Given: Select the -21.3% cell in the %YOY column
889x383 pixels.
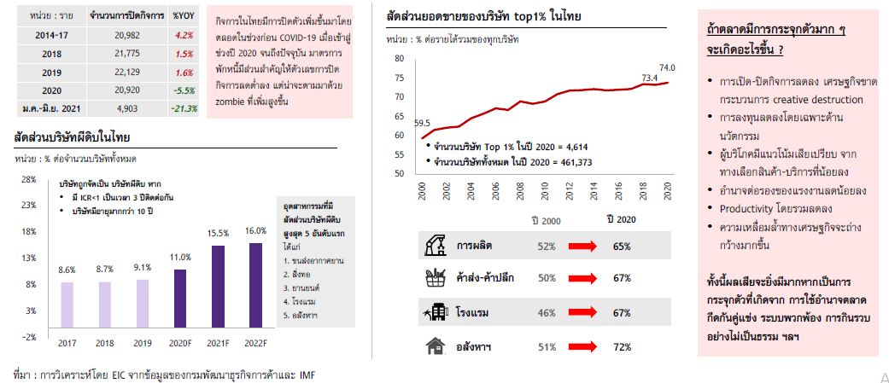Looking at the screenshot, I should pyautogui.click(x=184, y=108).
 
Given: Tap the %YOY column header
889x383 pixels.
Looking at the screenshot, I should pyautogui.click(x=182, y=16).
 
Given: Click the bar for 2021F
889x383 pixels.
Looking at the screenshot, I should pyautogui.click(x=218, y=287).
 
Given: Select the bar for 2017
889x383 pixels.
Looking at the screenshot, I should pyautogui.click(x=67, y=305).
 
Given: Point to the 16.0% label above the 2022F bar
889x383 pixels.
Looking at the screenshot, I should pyautogui.click(x=255, y=230).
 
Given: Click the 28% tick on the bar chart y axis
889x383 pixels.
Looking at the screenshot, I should pyautogui.click(x=29, y=179).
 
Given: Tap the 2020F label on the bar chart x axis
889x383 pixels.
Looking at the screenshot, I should pyautogui.click(x=179, y=342).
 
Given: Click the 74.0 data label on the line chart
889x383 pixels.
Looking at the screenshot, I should pyautogui.click(x=667, y=68).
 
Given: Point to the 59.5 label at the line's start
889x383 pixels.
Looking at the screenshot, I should pyautogui.click(x=422, y=123).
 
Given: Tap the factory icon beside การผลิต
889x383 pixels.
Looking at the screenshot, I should pyautogui.click(x=436, y=247).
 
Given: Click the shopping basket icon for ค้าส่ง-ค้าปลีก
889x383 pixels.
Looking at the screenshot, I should pyautogui.click(x=436, y=278).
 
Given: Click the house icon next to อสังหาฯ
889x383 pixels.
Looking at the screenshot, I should pyautogui.click(x=436, y=345).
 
